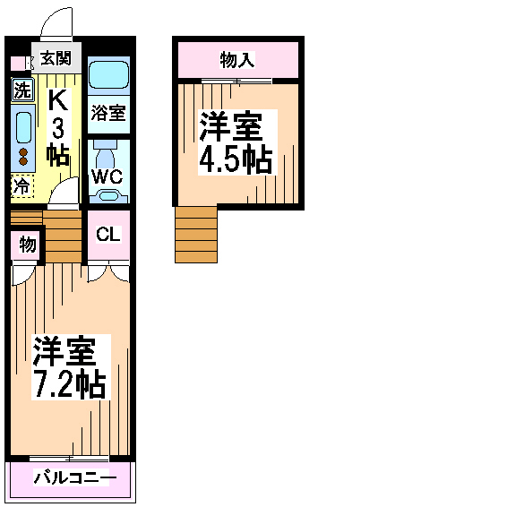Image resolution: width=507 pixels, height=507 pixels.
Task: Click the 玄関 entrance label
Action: point(56,58)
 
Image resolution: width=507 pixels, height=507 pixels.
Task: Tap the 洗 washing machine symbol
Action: point(22,90)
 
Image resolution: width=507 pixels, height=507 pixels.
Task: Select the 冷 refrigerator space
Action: point(22,186)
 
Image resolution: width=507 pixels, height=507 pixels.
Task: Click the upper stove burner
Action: point(23,152)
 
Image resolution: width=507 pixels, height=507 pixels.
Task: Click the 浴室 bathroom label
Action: point(108,113)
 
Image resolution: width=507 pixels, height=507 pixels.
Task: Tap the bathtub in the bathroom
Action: point(109,75)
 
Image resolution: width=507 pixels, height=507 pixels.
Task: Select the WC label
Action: point(107,176)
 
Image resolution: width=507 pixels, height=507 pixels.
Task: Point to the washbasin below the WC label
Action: point(108,196)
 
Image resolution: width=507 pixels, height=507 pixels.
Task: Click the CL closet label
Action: point(108,234)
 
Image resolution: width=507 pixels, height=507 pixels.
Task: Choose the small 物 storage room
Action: point(26,245)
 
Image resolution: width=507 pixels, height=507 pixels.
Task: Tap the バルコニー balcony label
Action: point(75,477)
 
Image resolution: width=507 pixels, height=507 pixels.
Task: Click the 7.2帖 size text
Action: point(70,385)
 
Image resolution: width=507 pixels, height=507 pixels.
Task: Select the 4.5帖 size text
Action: point(235,159)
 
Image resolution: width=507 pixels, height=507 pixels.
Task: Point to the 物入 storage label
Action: point(237,60)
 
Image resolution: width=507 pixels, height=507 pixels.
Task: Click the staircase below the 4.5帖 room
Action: point(196,235)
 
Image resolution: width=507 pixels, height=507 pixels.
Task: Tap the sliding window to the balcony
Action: point(69,459)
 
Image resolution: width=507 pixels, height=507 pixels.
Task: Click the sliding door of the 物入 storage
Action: point(236,81)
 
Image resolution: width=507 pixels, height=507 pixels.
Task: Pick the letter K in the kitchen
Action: point(58,100)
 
